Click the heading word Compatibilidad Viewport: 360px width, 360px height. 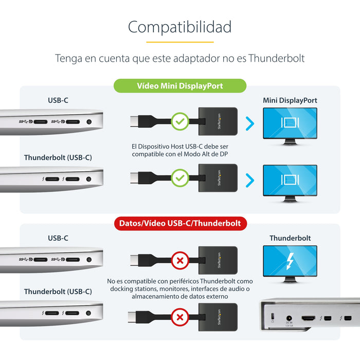179,27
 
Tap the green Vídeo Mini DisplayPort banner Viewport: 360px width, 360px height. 179,86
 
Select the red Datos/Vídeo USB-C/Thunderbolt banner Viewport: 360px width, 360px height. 180,224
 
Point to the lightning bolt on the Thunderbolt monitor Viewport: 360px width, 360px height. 290,261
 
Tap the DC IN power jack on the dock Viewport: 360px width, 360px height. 289,319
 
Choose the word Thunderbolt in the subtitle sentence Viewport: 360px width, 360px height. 277,59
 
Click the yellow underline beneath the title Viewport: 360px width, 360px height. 179,42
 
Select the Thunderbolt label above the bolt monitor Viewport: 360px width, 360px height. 290,238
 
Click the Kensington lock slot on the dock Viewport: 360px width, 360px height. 273,316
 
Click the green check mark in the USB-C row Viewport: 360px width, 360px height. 179,122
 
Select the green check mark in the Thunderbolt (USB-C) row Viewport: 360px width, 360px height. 179,178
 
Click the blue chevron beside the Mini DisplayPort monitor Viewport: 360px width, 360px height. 250,123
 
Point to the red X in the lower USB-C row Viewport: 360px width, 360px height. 180,261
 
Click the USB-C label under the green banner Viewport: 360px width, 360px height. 58,100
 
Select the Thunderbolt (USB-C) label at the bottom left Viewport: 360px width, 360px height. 58,292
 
